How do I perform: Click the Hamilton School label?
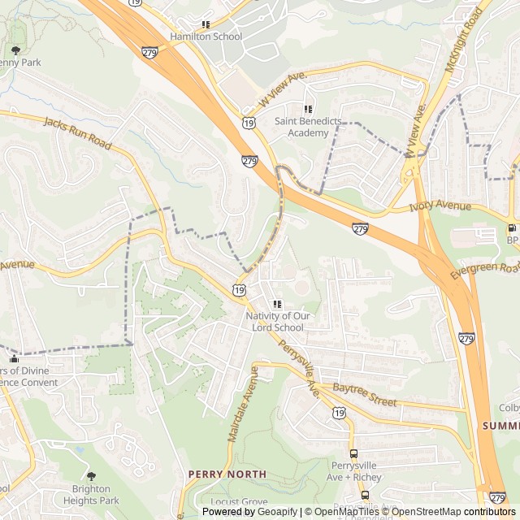pyautogui.click(x=206, y=37)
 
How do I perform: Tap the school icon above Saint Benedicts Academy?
pyautogui.click(x=307, y=109)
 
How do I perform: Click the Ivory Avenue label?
pyautogui.click(x=440, y=206)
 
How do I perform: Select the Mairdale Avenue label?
pyautogui.click(x=241, y=404)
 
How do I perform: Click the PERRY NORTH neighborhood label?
pyautogui.click(x=227, y=474)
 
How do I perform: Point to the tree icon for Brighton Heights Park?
pyautogui.click(x=90, y=476)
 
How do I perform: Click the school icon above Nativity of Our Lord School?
pyautogui.click(x=277, y=304)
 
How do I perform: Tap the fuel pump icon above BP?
pyautogui.click(x=511, y=228)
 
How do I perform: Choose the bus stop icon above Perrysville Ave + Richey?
pyautogui.click(x=353, y=453)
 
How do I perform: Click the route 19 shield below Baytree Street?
pyautogui.click(x=338, y=414)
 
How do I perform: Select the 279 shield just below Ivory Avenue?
pyautogui.click(x=360, y=229)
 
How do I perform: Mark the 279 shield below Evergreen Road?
pyautogui.click(x=466, y=337)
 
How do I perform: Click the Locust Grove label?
pyautogui.click(x=239, y=502)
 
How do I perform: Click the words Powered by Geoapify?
pyautogui.click(x=250, y=512)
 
